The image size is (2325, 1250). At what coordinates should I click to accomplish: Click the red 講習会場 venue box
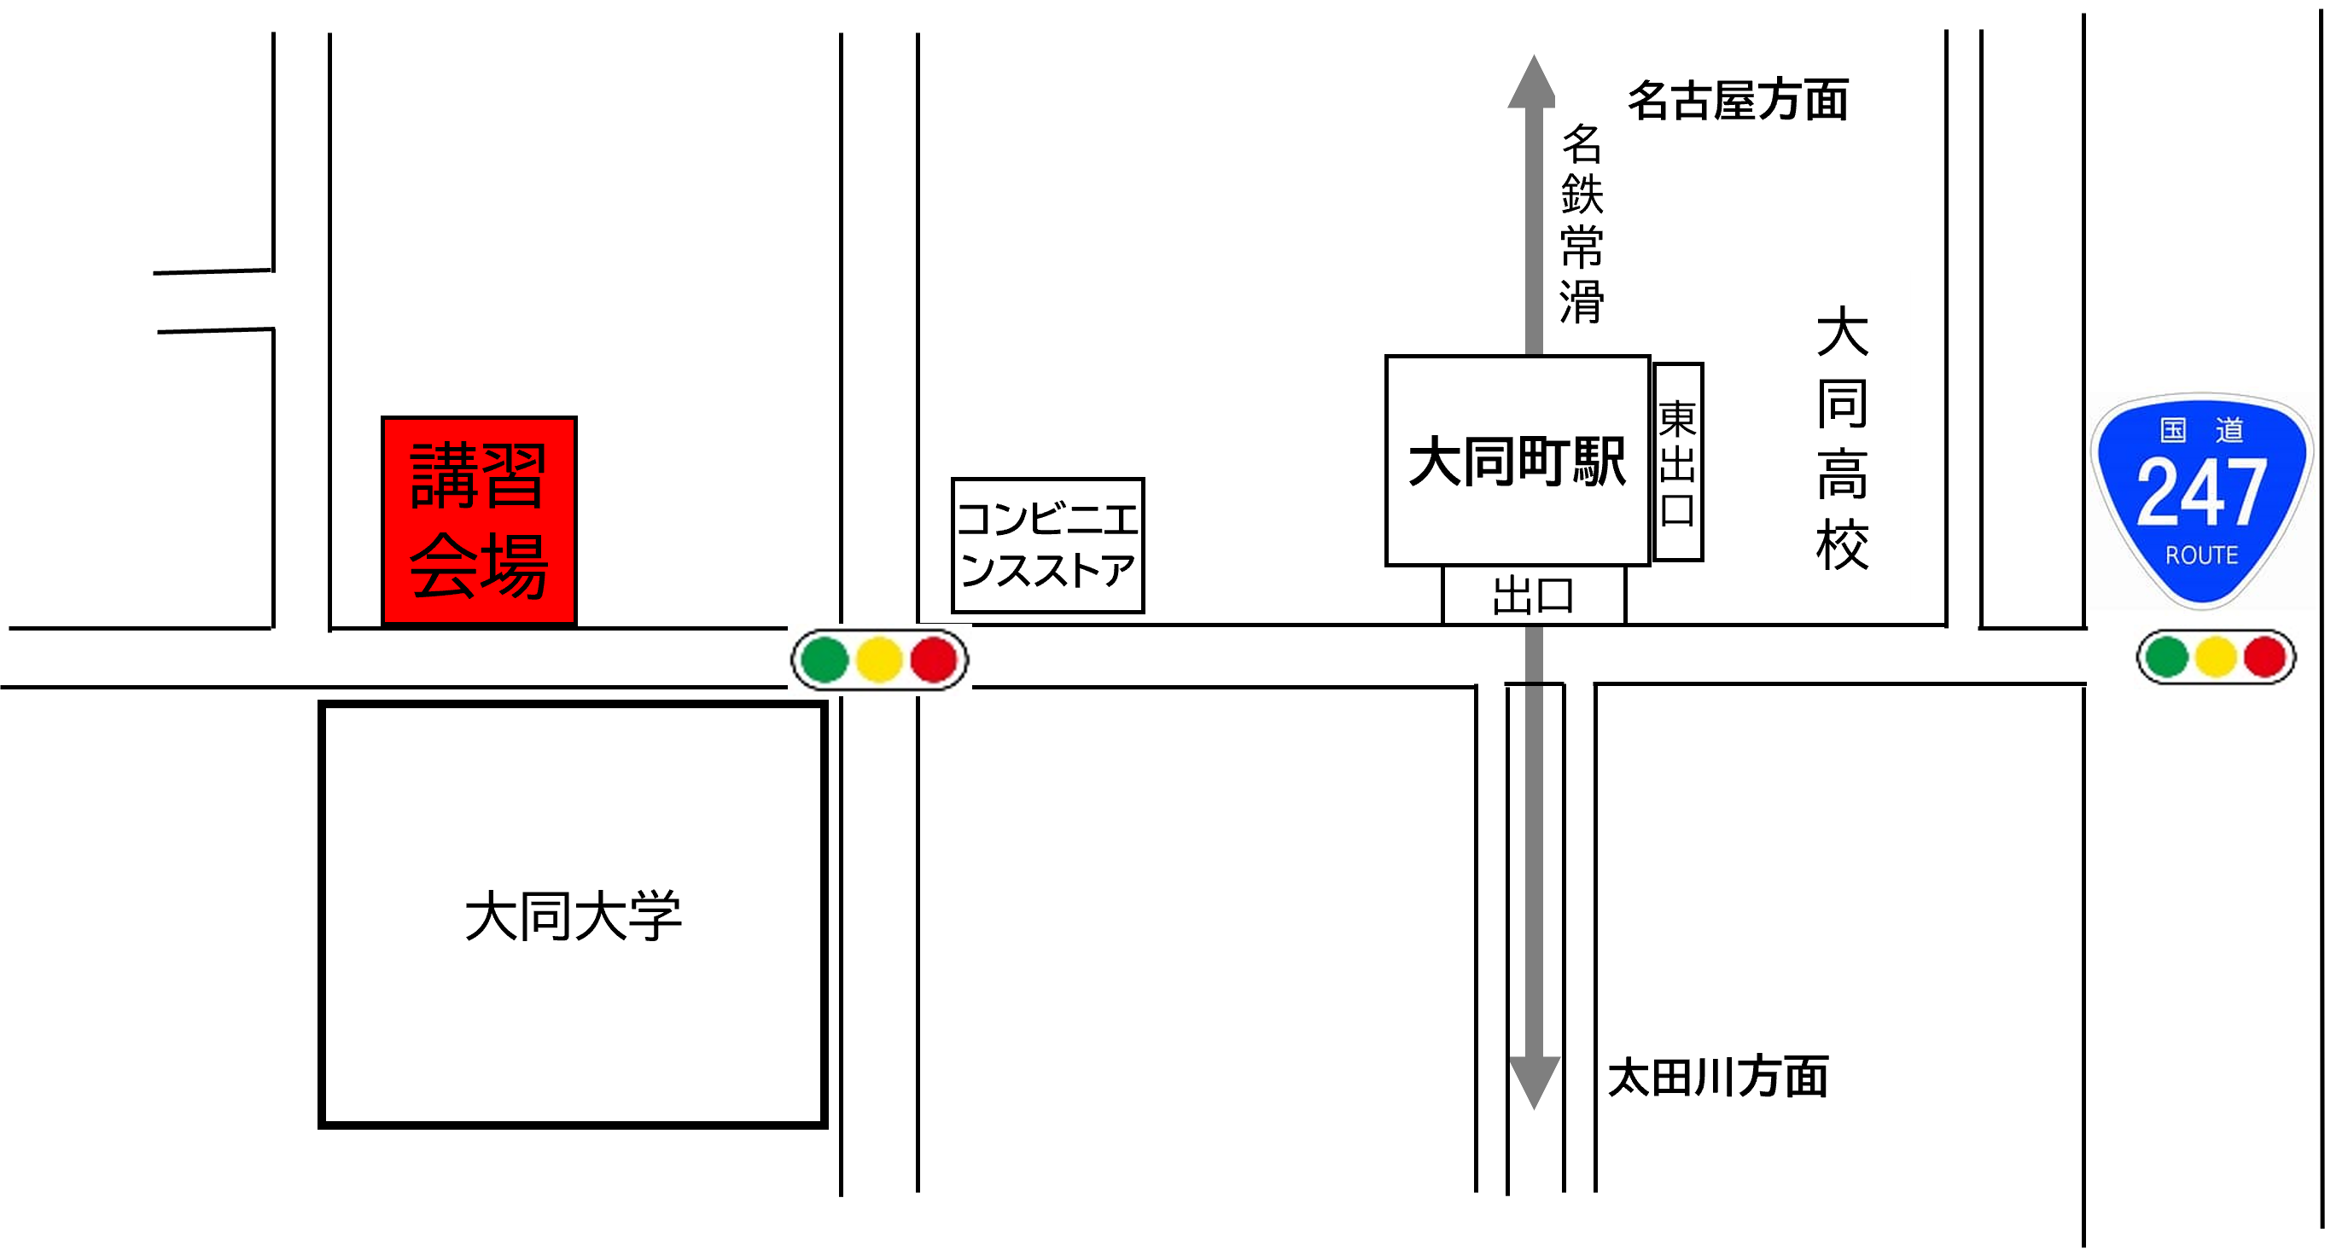[x=478, y=520]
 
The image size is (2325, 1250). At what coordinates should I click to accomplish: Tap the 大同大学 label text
[x=573, y=916]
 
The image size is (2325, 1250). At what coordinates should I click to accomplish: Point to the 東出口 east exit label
[x=1678, y=462]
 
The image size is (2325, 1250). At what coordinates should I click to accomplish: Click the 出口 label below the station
[x=1534, y=596]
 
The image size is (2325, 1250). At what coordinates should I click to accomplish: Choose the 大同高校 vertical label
[x=1842, y=438]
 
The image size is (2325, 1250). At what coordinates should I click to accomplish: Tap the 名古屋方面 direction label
[x=1739, y=99]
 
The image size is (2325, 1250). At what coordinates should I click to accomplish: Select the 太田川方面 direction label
[x=1718, y=1076]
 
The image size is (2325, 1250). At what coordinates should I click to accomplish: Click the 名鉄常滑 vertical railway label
[x=1582, y=224]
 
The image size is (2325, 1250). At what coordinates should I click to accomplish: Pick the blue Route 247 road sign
[x=2201, y=501]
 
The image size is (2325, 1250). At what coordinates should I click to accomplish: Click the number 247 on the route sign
[x=2201, y=493]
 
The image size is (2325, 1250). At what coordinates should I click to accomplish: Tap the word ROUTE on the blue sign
[x=2201, y=555]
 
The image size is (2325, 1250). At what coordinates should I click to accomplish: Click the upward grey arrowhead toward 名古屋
[x=1533, y=83]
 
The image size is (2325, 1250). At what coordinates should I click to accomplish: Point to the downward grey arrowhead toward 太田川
[x=1535, y=1081]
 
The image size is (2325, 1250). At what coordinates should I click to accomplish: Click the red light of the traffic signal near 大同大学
[x=934, y=660]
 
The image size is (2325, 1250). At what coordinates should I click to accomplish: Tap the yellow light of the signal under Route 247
[x=2216, y=657]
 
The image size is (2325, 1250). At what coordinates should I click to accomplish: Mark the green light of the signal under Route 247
[x=2167, y=657]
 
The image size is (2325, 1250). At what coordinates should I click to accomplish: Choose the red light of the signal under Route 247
[x=2264, y=657]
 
